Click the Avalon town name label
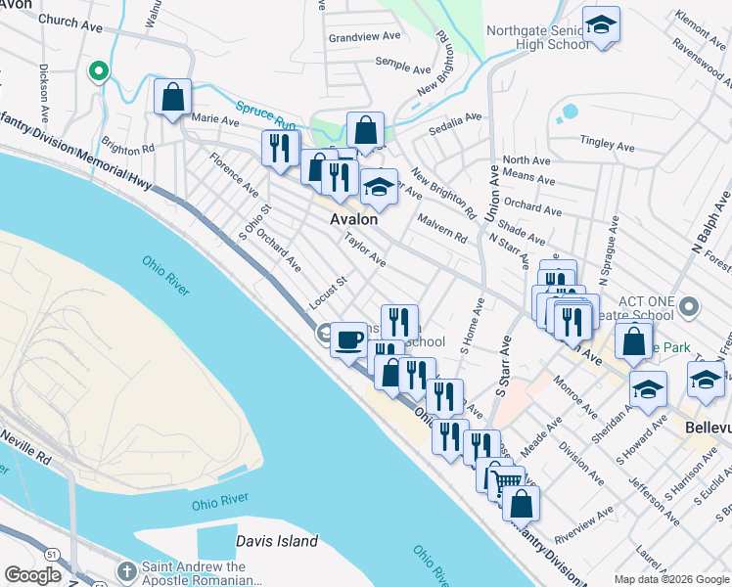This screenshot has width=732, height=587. tap(353, 219)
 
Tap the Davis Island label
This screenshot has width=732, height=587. tap(277, 541)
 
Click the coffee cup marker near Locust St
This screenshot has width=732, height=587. tap(348, 340)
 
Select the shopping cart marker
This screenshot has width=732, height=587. tap(505, 480)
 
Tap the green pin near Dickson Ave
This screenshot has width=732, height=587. tap(97, 71)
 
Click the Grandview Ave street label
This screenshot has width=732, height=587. tap(365, 37)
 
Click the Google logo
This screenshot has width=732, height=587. tap(31, 575)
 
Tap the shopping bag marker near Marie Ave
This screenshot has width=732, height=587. tap(173, 97)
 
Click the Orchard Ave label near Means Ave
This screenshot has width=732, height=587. tap(534, 208)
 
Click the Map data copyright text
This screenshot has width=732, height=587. tap(671, 579)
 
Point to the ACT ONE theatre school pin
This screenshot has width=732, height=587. tap(690, 308)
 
